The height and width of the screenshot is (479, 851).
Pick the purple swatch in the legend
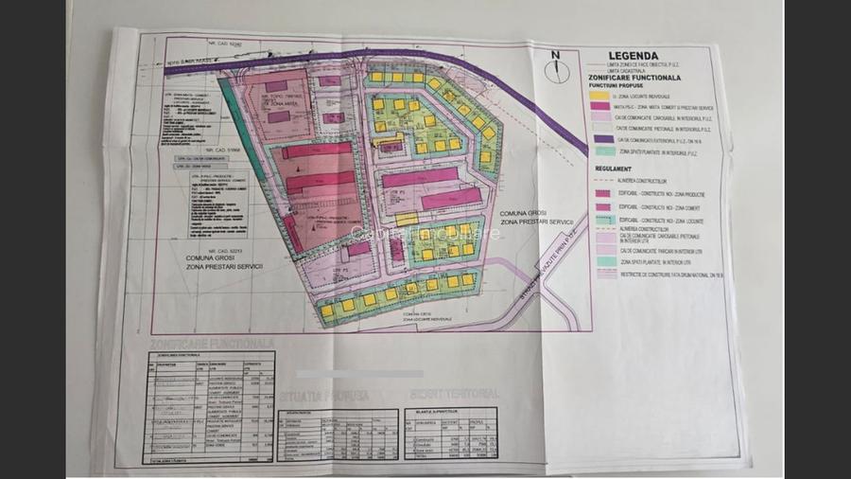(x=598, y=138)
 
